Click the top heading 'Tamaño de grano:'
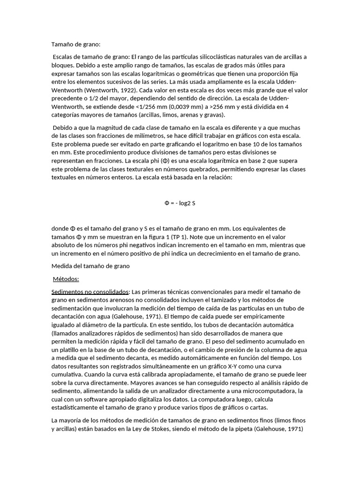coord(75,45)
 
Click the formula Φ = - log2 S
coord(180,203)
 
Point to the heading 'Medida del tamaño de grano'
coord(90,266)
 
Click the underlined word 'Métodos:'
coord(66,279)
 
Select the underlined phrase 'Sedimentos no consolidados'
coord(90,292)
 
